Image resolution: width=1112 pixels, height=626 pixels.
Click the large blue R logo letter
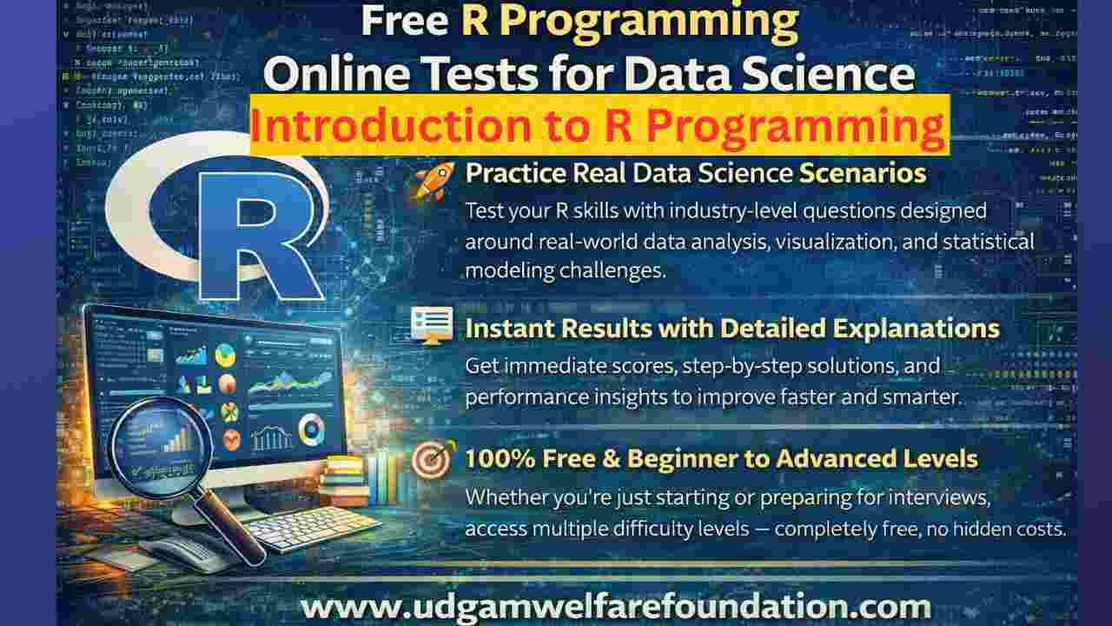pos(252,235)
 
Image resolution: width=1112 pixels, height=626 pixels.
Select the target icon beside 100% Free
pos(432,460)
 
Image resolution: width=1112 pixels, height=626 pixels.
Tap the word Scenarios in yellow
pos(862,173)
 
